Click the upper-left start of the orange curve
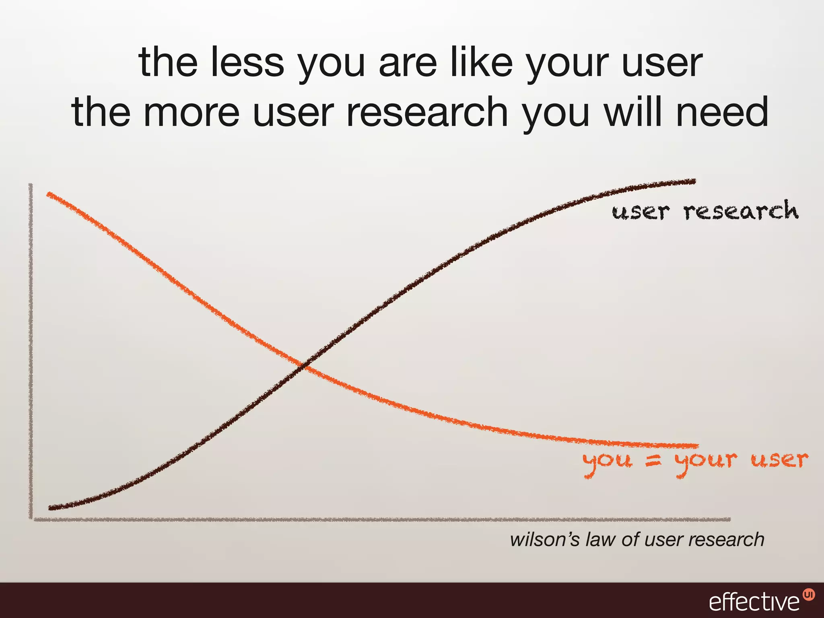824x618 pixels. point(49,194)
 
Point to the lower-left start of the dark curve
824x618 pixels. point(50,508)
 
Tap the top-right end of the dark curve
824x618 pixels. point(694,181)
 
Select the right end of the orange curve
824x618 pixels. point(698,445)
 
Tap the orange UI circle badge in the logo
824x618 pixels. point(808,594)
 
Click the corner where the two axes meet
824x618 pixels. point(31,519)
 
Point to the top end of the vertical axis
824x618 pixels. point(31,185)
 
